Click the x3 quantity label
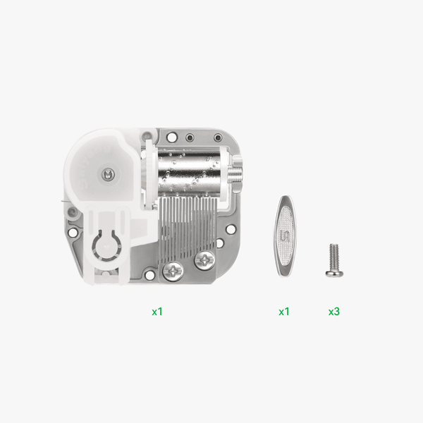coord(334,311)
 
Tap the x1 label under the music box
coord(157,311)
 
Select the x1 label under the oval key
coord(284,311)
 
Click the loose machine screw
coord(333,259)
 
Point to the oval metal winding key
coord(285,234)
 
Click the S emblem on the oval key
coord(285,235)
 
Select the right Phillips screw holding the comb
coord(206,260)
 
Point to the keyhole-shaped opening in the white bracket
coord(106,247)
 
